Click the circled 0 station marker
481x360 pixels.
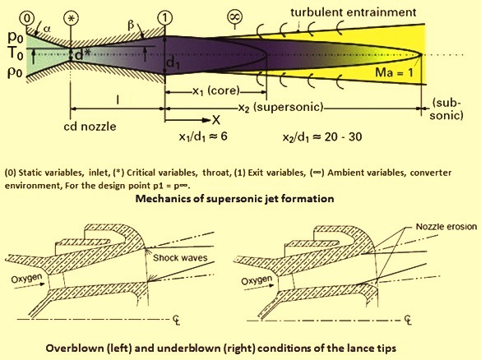(x=27, y=18)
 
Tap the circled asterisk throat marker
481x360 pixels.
(x=71, y=18)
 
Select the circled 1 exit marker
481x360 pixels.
(x=165, y=18)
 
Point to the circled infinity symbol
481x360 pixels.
(x=234, y=17)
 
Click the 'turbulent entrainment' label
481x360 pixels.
(x=353, y=12)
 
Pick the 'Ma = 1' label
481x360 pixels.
(x=394, y=72)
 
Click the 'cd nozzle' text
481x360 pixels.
(x=90, y=127)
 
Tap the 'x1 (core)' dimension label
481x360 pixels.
(x=216, y=90)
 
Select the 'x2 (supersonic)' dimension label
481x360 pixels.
(x=281, y=108)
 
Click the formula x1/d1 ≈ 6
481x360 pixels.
(x=203, y=136)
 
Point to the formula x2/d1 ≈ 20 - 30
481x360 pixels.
(x=322, y=136)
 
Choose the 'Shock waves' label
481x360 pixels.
(x=180, y=257)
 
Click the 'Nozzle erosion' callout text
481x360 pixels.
(x=446, y=227)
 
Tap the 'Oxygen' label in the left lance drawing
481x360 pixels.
(x=26, y=279)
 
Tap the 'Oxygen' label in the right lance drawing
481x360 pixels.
(x=257, y=280)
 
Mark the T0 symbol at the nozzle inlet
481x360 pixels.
(x=16, y=53)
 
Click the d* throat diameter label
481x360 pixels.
(x=82, y=54)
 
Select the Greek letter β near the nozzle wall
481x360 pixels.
(x=131, y=25)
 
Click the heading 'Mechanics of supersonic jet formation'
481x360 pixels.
(x=234, y=199)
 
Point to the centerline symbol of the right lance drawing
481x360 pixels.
(x=407, y=320)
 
